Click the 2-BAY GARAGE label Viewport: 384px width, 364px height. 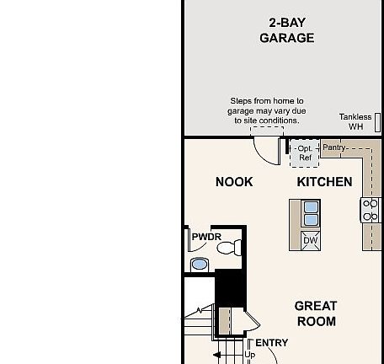tap(286, 30)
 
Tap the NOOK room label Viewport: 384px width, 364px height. tap(234, 182)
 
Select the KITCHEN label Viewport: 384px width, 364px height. tap(324, 182)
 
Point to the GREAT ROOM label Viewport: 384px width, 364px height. tap(316, 313)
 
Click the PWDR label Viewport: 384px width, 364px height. tap(206, 238)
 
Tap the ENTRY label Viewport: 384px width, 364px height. tap(271, 343)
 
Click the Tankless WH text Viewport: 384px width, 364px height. tap(355, 122)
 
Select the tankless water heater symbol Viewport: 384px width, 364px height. tap(378, 122)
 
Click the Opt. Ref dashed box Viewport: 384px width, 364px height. tap(304, 153)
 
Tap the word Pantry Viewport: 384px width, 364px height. tap(334, 147)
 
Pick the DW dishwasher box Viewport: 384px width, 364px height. tap(310, 240)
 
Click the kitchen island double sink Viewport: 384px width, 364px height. tap(311, 213)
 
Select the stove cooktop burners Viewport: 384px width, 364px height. tap(371, 210)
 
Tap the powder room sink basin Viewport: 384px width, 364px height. tap(200, 265)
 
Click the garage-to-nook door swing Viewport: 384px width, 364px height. tap(269, 150)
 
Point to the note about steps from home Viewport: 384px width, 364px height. tap(267, 110)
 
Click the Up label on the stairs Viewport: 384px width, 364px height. tap(249, 355)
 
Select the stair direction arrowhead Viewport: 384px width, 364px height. tap(216, 356)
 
